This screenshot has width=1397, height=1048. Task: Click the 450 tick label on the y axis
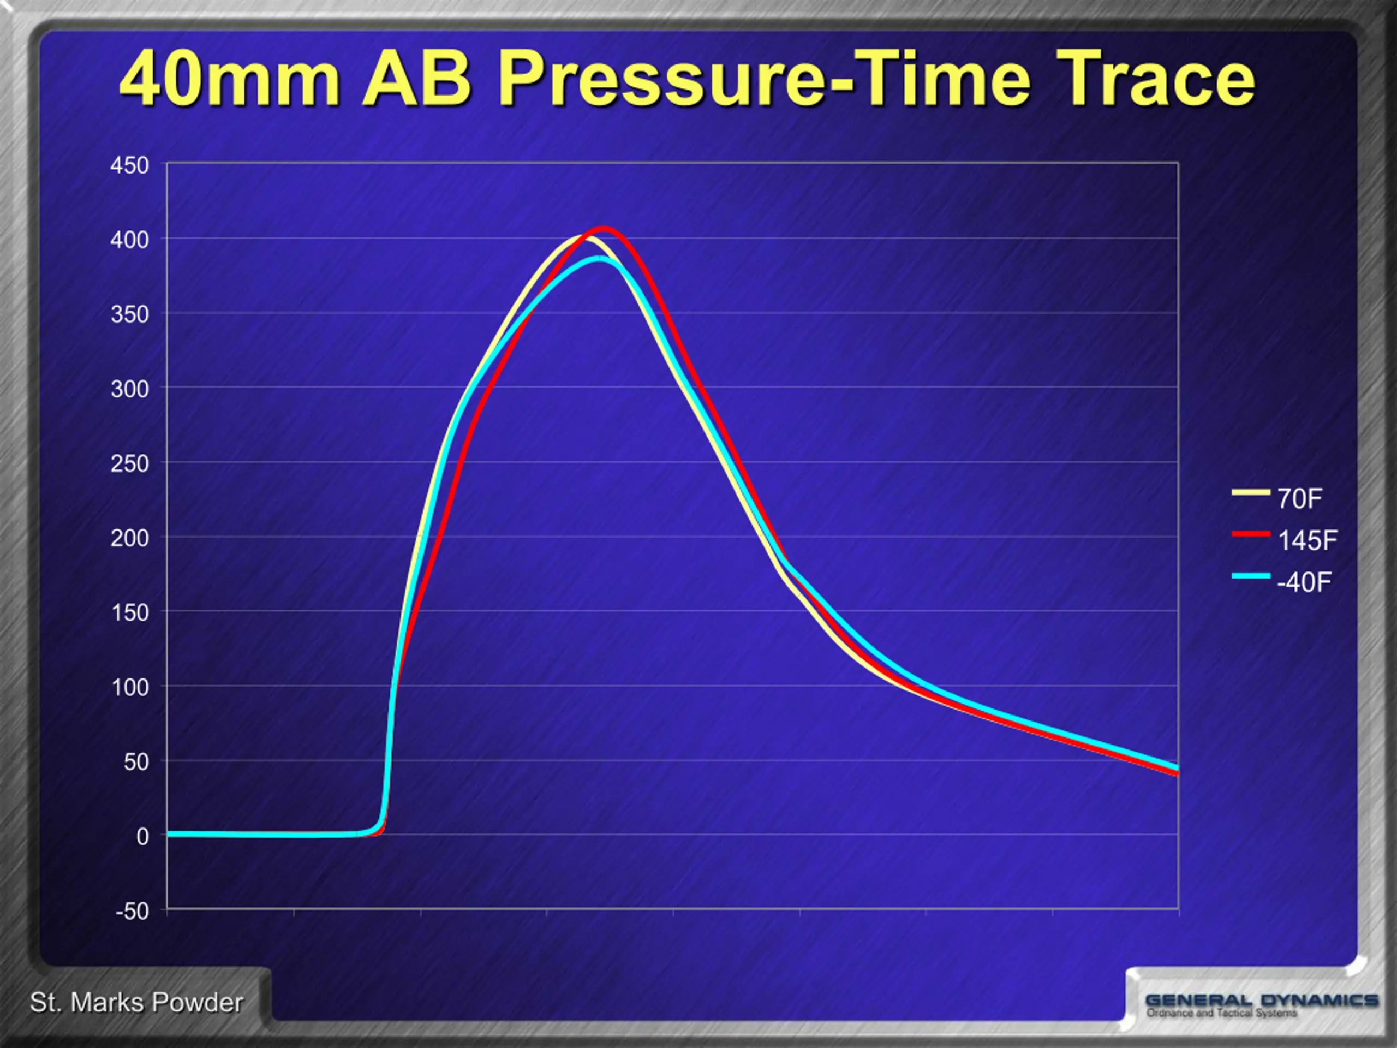[129, 165]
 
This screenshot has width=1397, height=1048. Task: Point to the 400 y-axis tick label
[129, 240]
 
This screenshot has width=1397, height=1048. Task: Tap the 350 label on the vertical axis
[129, 314]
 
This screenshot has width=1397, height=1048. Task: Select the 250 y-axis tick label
[129, 463]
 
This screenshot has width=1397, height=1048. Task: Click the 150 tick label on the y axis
[129, 613]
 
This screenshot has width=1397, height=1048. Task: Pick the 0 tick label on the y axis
[143, 836]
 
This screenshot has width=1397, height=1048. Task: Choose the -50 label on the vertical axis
[132, 911]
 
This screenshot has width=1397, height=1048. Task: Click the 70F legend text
[1300, 499]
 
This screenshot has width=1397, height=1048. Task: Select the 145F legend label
[1308, 541]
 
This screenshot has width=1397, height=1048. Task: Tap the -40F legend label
[1304, 582]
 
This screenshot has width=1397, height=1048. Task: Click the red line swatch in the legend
[1251, 534]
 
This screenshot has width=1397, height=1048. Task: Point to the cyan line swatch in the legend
[1251, 575]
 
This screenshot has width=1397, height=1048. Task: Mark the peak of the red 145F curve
[603, 228]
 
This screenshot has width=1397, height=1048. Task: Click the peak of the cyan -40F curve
[599, 258]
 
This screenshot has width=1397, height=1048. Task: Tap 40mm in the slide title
[230, 80]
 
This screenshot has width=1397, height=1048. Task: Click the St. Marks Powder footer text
[136, 1003]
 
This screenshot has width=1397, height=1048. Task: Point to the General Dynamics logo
[1261, 1005]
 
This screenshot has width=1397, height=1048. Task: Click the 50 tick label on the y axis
[136, 762]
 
